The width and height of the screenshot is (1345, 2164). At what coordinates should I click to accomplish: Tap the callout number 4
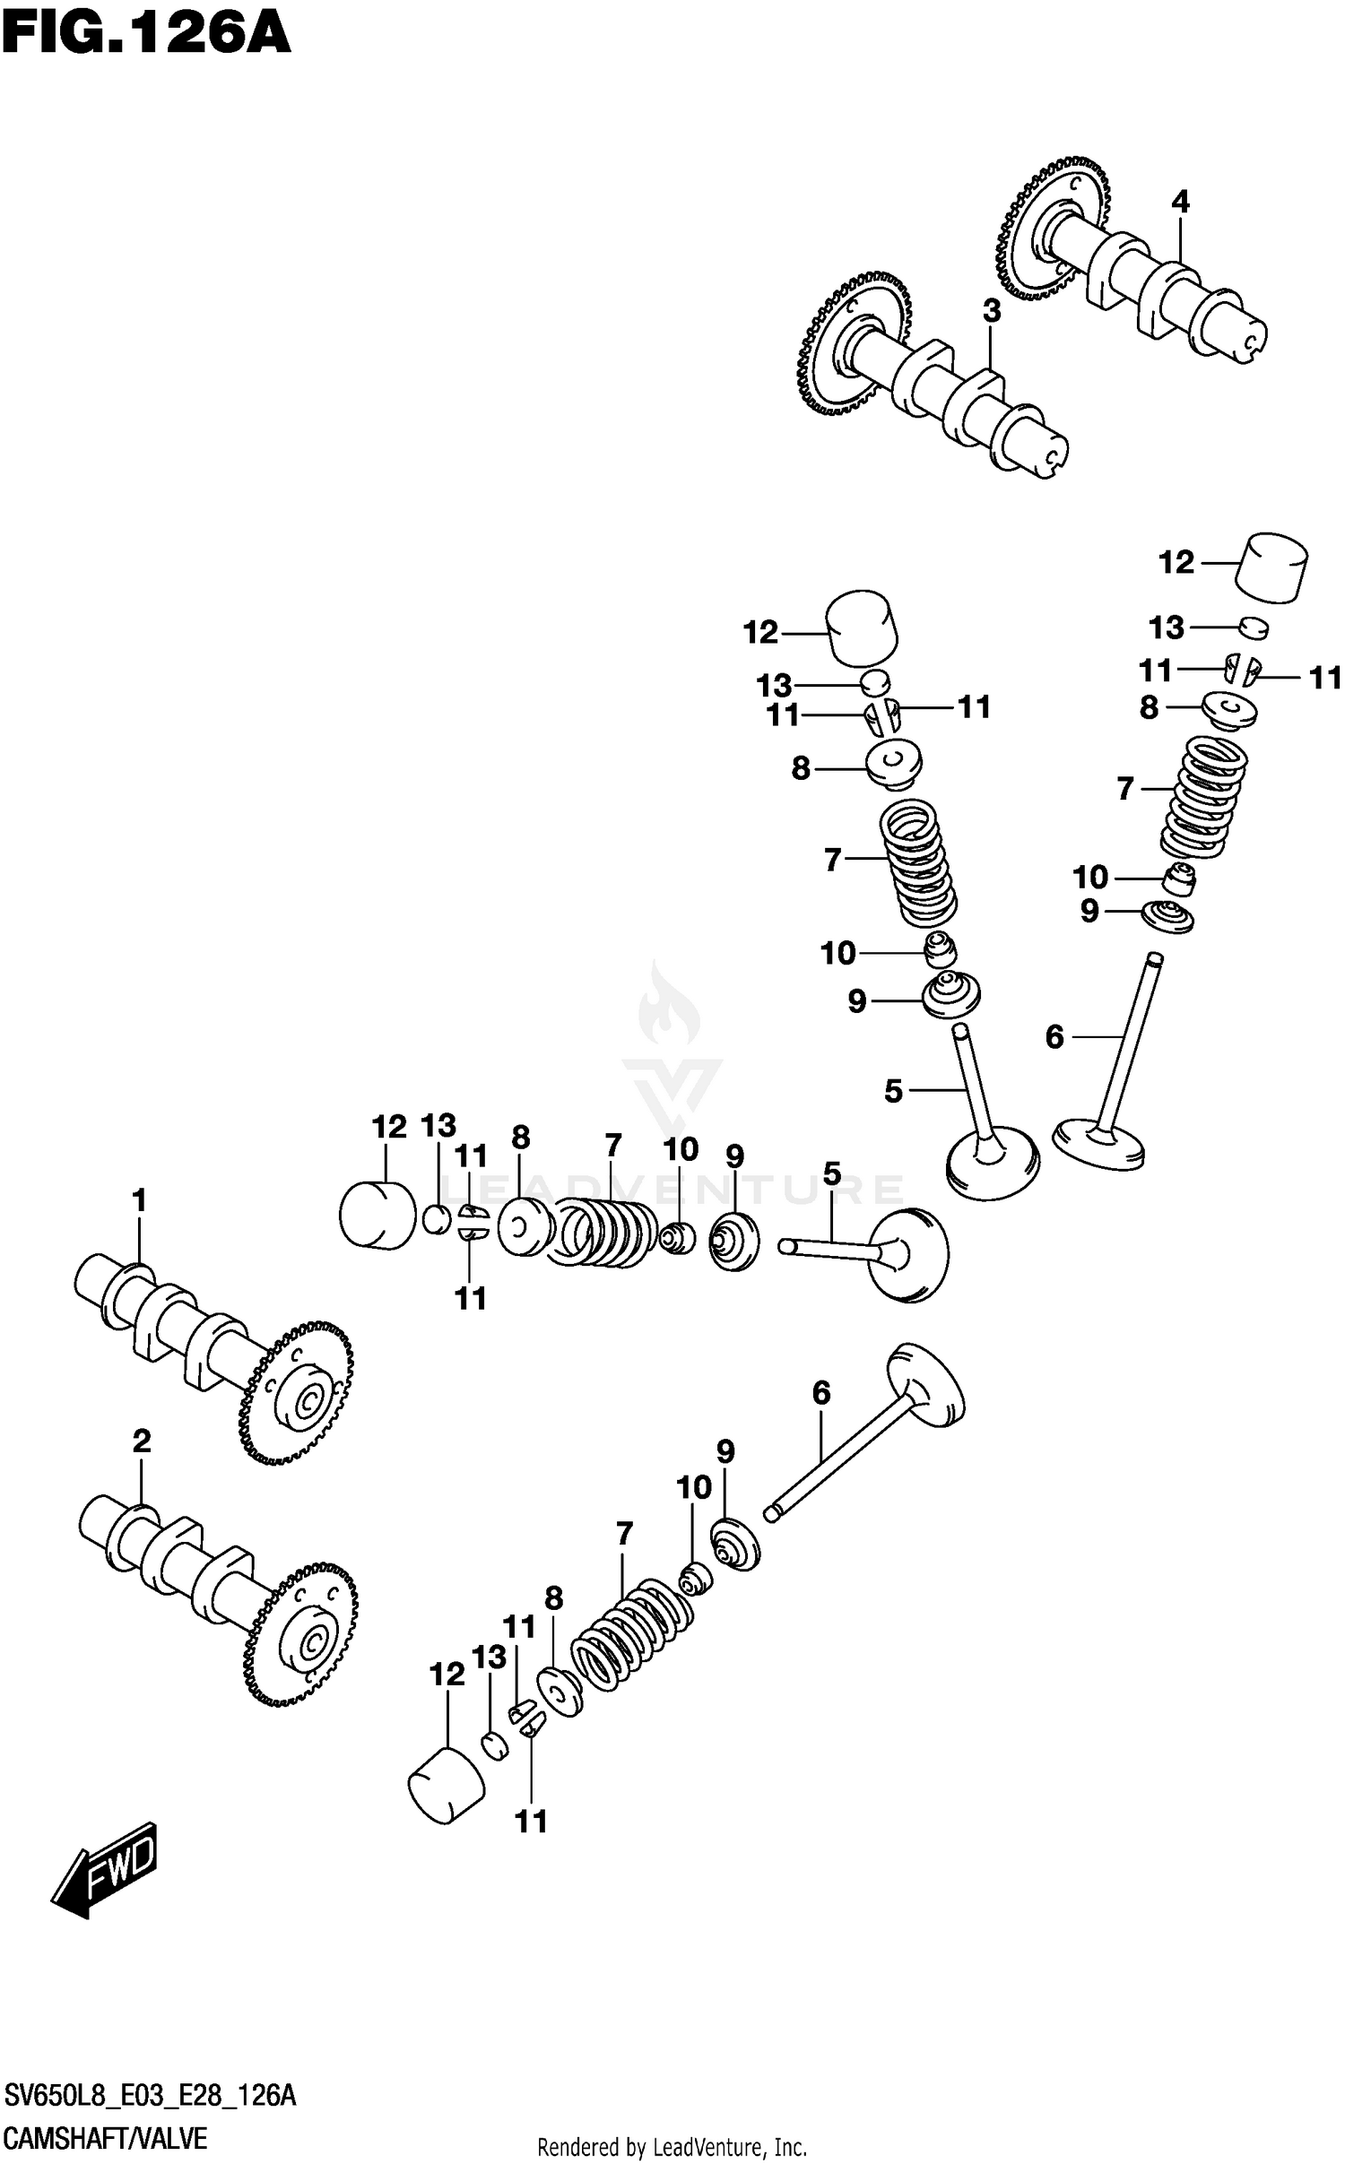pyautogui.click(x=1180, y=203)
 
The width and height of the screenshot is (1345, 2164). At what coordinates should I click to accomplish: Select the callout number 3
pyautogui.click(x=991, y=311)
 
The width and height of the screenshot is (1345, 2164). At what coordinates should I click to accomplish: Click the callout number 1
pyautogui.click(x=138, y=1200)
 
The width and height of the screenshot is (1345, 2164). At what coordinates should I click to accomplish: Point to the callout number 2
pyautogui.click(x=142, y=1441)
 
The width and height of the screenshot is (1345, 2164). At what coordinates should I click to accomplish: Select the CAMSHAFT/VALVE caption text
pyautogui.click(x=106, y=2138)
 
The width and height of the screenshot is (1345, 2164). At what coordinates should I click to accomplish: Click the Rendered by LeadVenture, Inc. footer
pyautogui.click(x=672, y=2147)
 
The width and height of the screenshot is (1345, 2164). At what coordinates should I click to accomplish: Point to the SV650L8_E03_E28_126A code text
pyautogui.click(x=150, y=2096)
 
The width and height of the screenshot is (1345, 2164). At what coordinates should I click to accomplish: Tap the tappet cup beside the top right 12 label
pyautogui.click(x=1271, y=567)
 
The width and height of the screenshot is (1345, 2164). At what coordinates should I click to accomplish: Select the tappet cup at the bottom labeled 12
pyautogui.click(x=446, y=1784)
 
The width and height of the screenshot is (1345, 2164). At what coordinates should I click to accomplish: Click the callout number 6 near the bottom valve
pyautogui.click(x=821, y=1393)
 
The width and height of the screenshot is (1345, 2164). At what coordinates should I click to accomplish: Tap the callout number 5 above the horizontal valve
pyautogui.click(x=832, y=1173)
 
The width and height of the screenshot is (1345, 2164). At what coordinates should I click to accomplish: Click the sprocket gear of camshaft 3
pyautogui.click(x=854, y=344)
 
